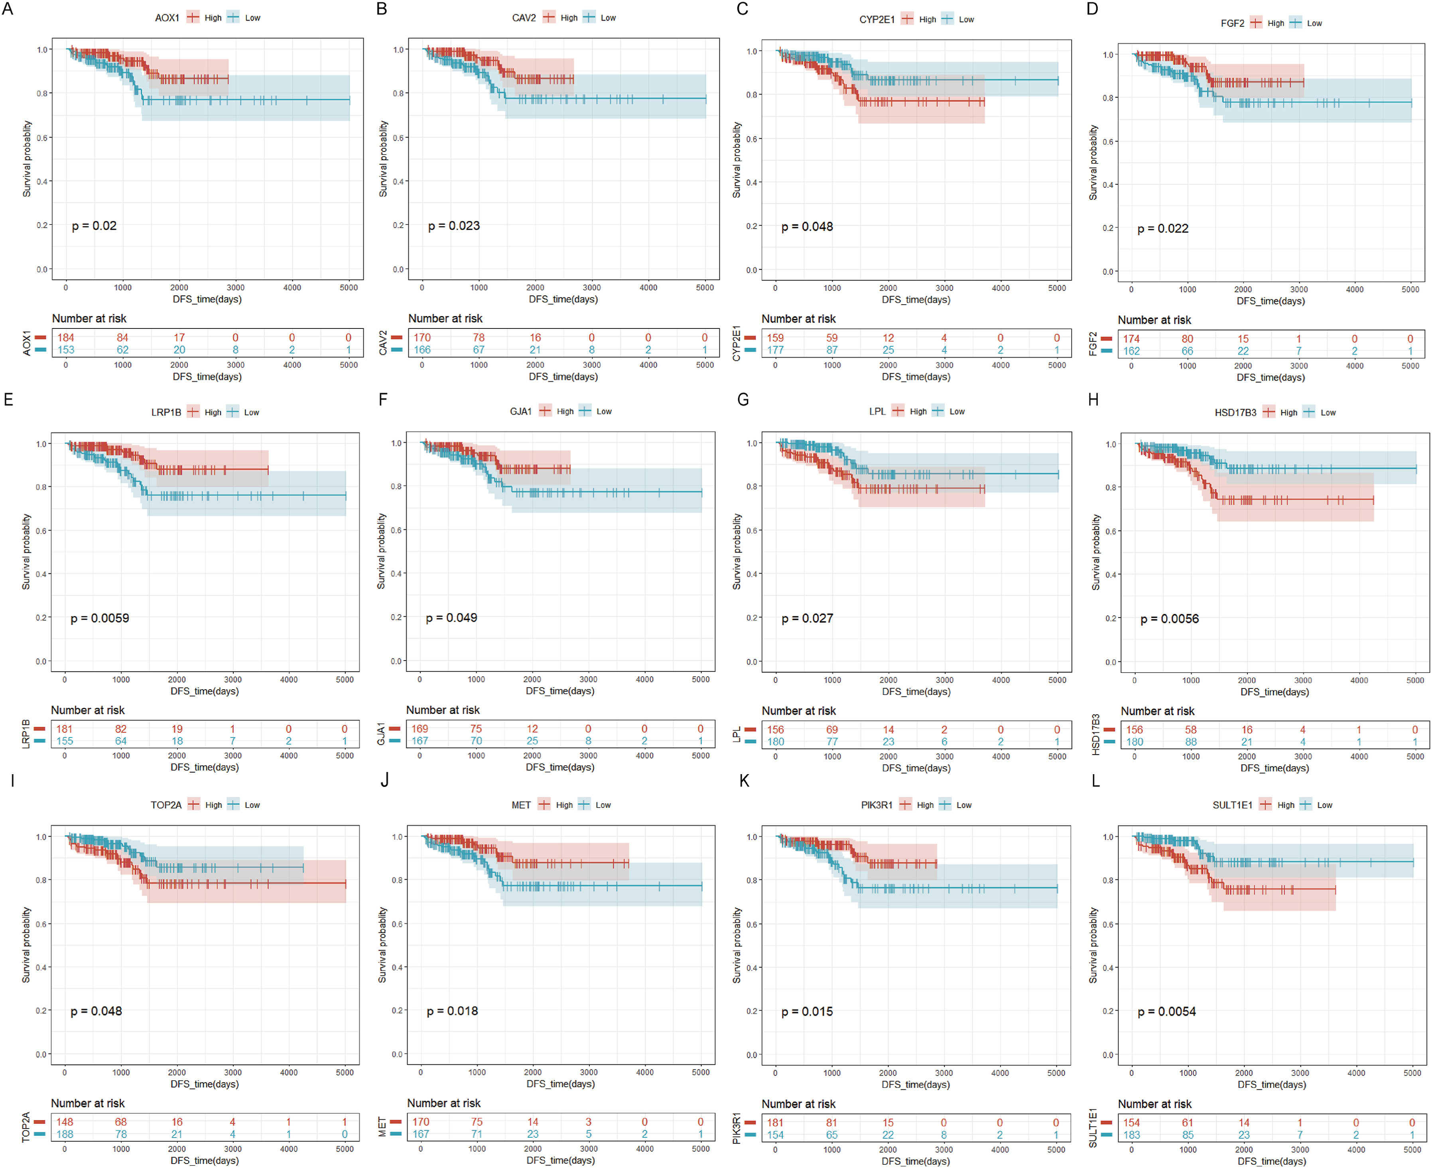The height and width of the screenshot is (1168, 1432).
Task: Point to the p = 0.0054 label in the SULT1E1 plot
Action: (x=1166, y=1011)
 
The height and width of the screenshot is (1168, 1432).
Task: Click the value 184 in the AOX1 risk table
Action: (x=66, y=338)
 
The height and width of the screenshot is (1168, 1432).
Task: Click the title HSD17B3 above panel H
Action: (x=1235, y=413)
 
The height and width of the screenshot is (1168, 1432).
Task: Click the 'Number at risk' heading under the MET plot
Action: (x=443, y=1103)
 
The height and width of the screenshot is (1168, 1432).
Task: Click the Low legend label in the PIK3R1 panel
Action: (x=963, y=805)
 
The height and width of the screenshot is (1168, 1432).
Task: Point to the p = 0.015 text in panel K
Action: (x=807, y=1011)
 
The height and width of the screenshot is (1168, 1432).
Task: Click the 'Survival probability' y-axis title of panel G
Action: (x=737, y=552)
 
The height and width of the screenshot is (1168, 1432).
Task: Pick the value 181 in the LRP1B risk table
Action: (x=65, y=729)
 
